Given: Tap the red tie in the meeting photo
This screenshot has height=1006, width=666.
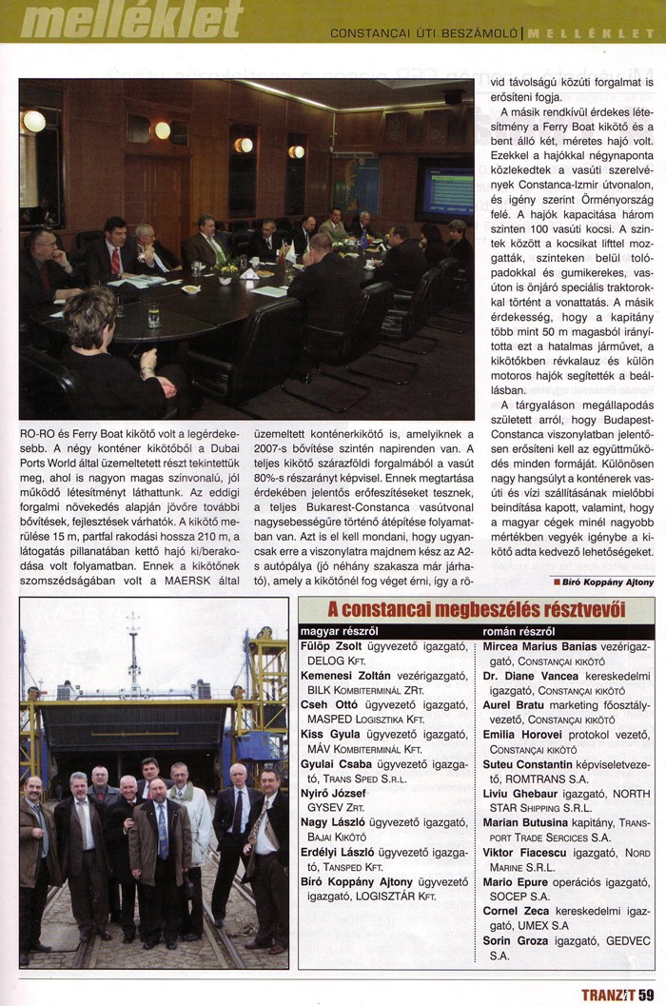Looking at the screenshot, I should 115,259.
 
